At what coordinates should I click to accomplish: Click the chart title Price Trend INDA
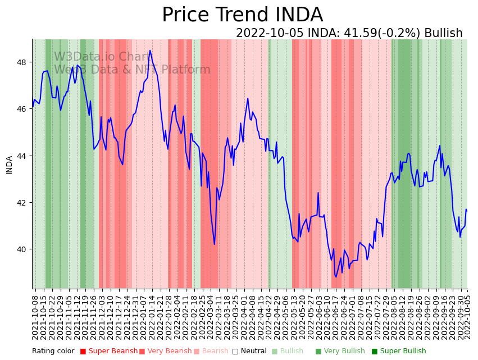(242, 15)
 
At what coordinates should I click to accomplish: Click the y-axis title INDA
(9, 165)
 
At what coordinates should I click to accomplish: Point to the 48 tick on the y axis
(23, 62)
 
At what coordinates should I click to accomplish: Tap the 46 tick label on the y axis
(23, 109)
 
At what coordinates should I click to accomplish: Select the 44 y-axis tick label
(23, 156)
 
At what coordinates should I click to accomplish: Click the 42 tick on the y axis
(23, 203)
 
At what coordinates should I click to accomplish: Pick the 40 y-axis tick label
(23, 249)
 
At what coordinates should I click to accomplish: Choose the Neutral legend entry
(250, 352)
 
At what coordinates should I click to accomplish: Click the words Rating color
(53, 352)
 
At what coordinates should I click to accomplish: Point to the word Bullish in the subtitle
(443, 33)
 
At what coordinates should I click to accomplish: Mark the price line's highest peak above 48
(150, 51)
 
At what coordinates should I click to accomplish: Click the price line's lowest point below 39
(336, 277)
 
